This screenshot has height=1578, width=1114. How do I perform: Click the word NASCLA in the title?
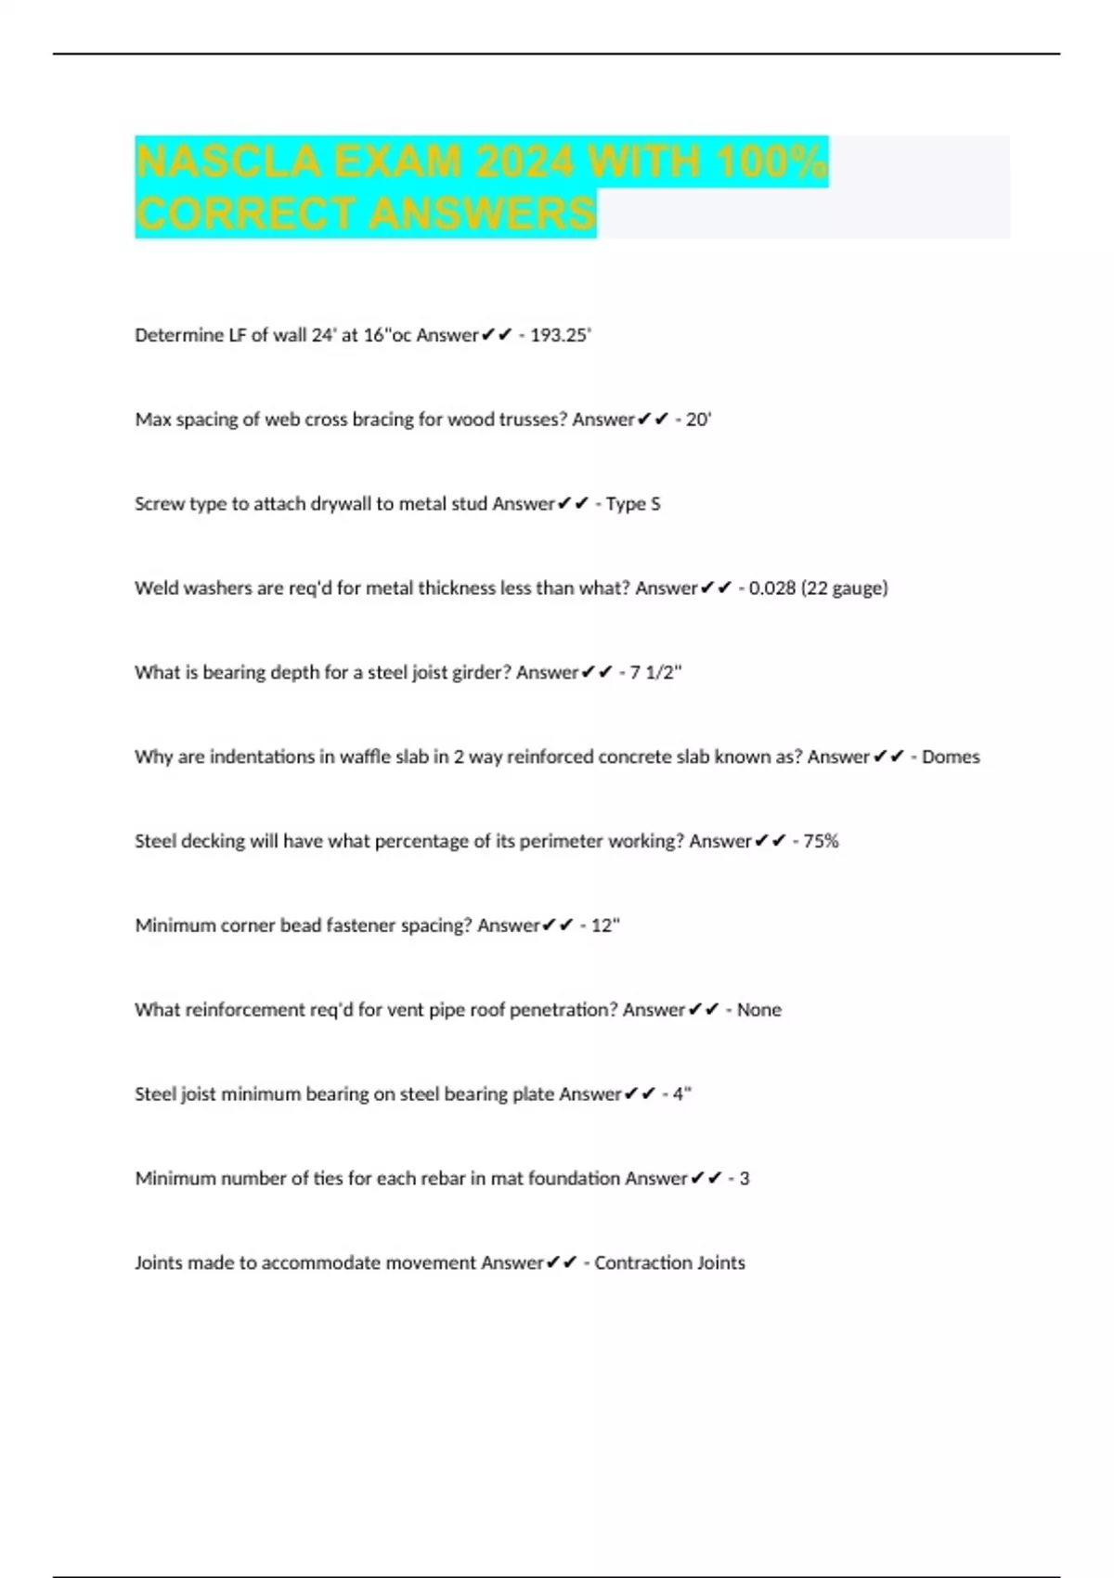point(227,162)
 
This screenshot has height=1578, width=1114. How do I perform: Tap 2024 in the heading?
point(525,162)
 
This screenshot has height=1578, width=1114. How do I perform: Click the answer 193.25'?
point(561,335)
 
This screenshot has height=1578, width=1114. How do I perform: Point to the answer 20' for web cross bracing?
point(698,420)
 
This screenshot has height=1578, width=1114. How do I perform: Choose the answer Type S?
point(633,504)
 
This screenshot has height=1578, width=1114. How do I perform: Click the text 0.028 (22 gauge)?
point(818,589)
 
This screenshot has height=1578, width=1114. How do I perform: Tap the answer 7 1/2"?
point(655,673)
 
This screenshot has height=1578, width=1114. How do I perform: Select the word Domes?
point(951,757)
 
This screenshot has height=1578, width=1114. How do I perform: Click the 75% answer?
point(821,842)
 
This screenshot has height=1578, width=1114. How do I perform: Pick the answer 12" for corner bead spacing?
point(605,925)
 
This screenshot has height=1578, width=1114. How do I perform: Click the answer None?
point(758,1010)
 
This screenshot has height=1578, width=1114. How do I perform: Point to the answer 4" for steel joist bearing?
point(682,1094)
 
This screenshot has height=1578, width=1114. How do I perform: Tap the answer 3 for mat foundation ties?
point(745,1179)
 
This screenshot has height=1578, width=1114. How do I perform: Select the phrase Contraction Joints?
point(669,1263)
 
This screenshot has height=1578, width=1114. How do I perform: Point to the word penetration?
point(563,1010)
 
